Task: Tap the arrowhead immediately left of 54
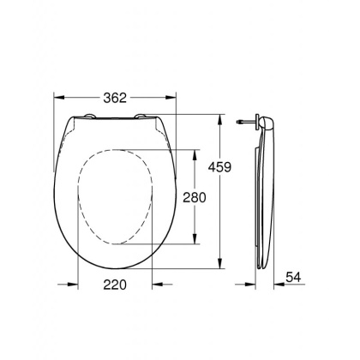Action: click(279, 284)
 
